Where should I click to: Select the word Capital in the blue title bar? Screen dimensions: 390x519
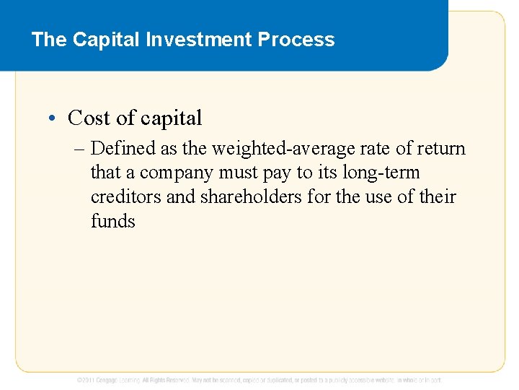(x=107, y=40)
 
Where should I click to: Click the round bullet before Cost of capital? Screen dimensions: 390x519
(x=57, y=118)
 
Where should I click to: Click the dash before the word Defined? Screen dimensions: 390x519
(x=79, y=149)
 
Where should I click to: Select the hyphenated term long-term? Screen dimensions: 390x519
(x=383, y=173)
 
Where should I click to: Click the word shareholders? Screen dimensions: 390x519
(x=234, y=196)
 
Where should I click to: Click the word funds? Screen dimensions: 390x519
(x=113, y=220)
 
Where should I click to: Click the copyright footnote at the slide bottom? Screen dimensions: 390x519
(x=259, y=379)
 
